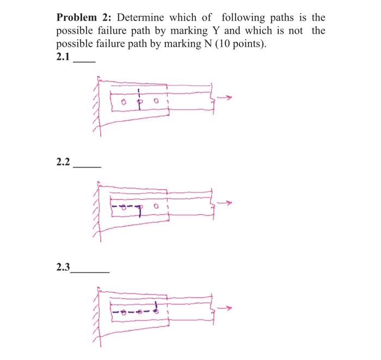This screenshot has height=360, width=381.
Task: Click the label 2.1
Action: click(64, 57)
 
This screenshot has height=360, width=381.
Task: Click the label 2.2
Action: click(64, 162)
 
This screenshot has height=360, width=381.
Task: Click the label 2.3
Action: click(64, 267)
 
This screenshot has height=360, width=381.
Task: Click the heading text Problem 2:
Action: click(81, 17)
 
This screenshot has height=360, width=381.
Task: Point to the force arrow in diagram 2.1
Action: click(224, 98)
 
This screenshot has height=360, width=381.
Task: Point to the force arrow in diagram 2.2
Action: click(224, 204)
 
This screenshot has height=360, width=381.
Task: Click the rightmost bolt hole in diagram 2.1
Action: click(156, 101)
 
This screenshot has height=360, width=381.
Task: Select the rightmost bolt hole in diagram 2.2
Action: click(156, 207)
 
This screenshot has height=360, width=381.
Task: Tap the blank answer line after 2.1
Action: click(84, 61)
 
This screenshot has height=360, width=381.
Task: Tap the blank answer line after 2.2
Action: click(87, 166)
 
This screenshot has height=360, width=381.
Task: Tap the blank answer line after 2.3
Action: click(91, 271)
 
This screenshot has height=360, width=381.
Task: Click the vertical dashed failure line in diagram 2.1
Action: click(139, 99)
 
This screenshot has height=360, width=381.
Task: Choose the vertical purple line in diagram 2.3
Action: click(157, 308)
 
